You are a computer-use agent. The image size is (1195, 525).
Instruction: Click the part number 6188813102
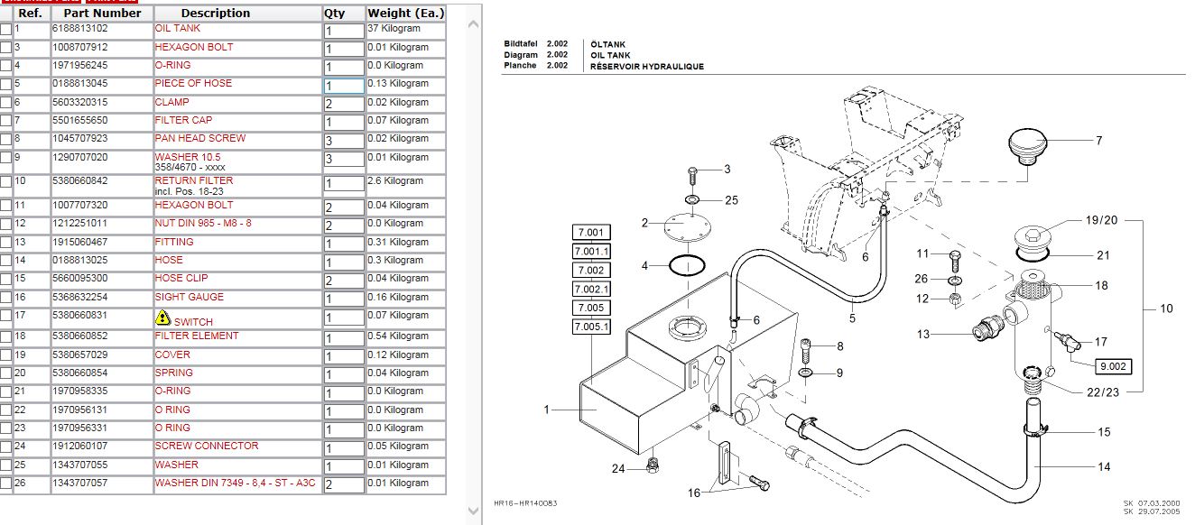[x=79, y=29]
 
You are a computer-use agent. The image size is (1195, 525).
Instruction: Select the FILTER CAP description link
[x=183, y=120]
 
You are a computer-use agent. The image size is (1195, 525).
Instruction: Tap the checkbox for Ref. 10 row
[x=6, y=182]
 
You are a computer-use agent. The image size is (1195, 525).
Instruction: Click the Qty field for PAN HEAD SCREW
[x=343, y=141]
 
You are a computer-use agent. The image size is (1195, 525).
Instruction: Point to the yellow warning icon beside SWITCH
[x=162, y=318]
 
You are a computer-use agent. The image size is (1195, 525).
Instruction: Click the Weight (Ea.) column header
[x=406, y=14]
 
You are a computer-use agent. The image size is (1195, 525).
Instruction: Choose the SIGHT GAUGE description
[x=189, y=297]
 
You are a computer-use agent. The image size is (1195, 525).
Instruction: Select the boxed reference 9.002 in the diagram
[x=1112, y=366]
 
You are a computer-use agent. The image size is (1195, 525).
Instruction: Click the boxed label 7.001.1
[x=591, y=251]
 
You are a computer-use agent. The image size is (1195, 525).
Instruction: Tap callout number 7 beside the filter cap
[x=1098, y=141]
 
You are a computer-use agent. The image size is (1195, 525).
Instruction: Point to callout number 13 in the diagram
[x=922, y=335]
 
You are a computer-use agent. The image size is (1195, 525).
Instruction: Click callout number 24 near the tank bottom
[x=617, y=468]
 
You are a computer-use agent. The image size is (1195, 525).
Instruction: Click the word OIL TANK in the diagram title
[x=610, y=55]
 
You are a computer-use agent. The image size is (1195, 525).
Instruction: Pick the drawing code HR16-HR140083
[x=526, y=503]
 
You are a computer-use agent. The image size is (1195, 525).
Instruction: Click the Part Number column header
[x=102, y=14]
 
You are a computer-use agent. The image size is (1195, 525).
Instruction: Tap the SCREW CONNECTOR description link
[x=206, y=446]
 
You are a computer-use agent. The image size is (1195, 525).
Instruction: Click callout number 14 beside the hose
[x=1104, y=466]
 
